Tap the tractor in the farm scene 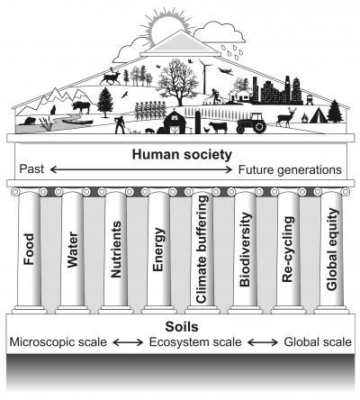pos(251,123)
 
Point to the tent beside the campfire pos(318,115)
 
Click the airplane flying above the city pos(226,71)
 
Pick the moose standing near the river pos(81,107)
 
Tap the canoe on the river pos(77,122)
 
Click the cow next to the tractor pos(218,127)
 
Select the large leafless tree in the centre pos(177,82)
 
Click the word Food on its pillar pos(29,249)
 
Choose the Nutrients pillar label pos(116,250)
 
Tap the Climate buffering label pos(202,249)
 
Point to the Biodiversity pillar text pos(245,250)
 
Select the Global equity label pos(332,250)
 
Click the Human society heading pos(182,154)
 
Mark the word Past pos(31,168)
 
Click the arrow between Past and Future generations pos(141,169)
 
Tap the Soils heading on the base pos(182,327)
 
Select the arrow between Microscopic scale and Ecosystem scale pos(128,342)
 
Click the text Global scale pos(318,342)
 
